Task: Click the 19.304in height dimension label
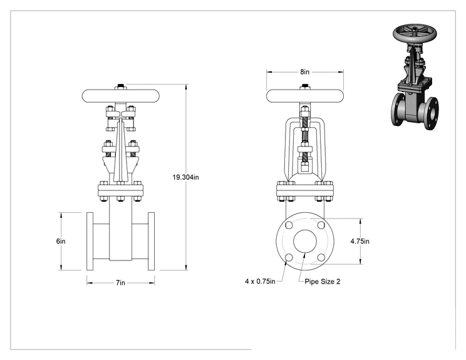tap(186, 177)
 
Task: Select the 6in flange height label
tap(61, 241)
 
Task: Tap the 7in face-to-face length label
tap(120, 283)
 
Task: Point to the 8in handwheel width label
tap(304, 72)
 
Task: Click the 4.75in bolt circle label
tap(360, 241)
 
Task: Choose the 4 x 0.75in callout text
tap(261, 281)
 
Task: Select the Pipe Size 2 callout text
tap(323, 282)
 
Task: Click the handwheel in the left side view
tap(121, 96)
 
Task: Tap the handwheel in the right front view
tap(305, 96)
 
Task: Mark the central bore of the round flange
tap(305, 241)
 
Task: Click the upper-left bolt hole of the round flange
tap(289, 225)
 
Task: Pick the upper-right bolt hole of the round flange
tap(321, 225)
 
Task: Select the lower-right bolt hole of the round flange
tap(321, 257)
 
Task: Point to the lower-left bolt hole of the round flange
tap(289, 257)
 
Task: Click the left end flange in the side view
tap(90, 241)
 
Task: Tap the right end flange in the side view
tap(152, 241)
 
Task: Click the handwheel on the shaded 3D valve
tap(415, 34)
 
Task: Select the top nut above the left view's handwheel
tap(121, 87)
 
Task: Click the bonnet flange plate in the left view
tap(121, 190)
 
